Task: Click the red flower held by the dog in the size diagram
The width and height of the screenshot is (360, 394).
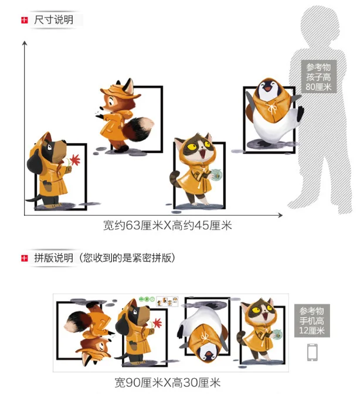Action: point(75,160)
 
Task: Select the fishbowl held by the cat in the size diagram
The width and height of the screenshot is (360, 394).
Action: point(216,175)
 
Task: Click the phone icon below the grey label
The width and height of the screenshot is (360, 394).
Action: point(313,352)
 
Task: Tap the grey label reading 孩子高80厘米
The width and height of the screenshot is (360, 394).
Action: point(318,77)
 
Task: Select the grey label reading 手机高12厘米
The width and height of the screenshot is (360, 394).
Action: point(312,320)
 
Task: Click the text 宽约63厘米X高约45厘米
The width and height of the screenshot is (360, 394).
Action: point(167,225)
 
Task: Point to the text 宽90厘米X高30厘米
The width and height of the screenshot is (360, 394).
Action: point(168,382)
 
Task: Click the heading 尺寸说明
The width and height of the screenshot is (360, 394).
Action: point(53,20)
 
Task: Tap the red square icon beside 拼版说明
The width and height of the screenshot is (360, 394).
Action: point(25,258)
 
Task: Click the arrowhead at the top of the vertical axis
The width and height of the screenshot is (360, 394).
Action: point(25,43)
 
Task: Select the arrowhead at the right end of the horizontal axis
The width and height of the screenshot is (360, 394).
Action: point(280,215)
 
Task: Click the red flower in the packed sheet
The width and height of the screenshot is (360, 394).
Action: point(157,322)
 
